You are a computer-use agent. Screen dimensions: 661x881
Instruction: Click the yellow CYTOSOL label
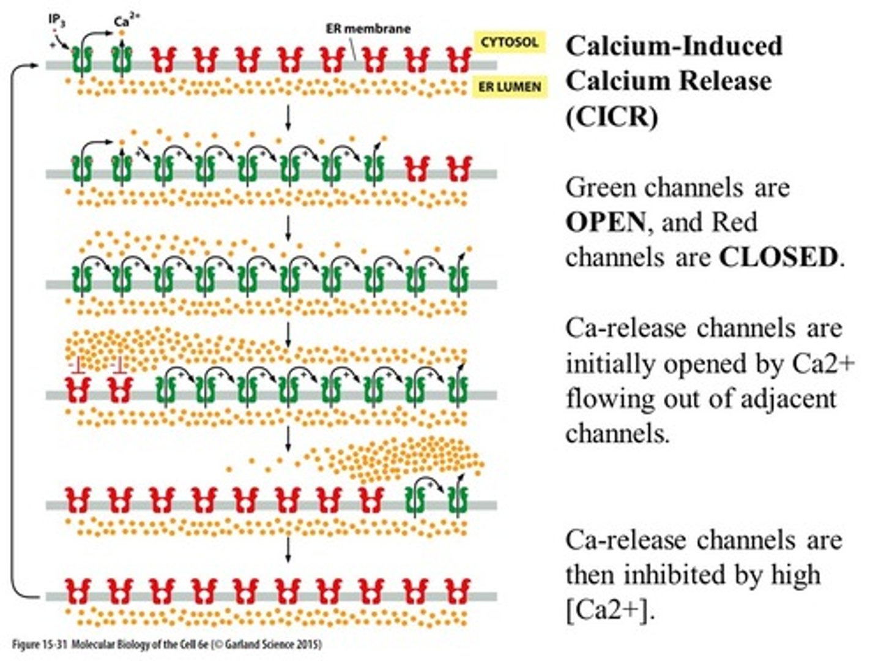tap(509, 42)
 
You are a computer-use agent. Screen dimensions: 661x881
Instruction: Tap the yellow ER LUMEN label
tap(509, 87)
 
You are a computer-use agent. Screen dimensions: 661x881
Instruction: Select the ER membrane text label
tap(368, 29)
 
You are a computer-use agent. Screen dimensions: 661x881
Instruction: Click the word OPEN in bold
tap(604, 222)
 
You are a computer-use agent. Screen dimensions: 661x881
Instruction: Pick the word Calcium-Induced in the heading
tap(674, 46)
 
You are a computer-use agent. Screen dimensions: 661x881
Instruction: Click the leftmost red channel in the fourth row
tap(80, 390)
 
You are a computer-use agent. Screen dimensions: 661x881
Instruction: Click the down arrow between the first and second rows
tap(288, 116)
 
